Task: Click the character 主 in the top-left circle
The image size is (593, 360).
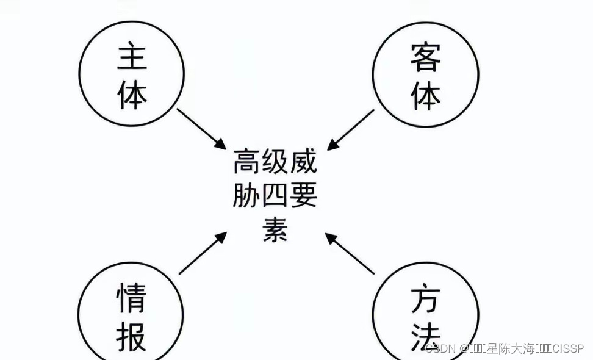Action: [x=132, y=59]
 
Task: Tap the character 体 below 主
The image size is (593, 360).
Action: [x=132, y=95]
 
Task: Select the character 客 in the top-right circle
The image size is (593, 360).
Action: [x=426, y=59]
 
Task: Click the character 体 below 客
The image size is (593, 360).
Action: [x=426, y=95]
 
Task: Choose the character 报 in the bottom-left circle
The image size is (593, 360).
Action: [x=131, y=336]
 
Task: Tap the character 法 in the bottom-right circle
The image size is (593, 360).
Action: [x=426, y=336]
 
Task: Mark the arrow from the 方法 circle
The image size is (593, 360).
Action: [x=350, y=253]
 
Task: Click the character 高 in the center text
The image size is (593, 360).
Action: [x=246, y=164]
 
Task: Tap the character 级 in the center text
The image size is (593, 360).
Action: [x=275, y=164]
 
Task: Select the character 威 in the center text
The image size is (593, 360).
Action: [x=304, y=164]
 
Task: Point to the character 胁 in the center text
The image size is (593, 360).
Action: [x=246, y=196]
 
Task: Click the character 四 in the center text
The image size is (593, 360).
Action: [x=275, y=196]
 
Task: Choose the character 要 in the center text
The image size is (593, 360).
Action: [x=304, y=196]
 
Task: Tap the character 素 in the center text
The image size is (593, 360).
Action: [x=275, y=230]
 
